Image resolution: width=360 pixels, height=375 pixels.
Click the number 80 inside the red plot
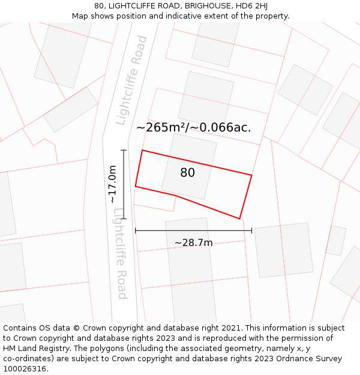(187, 173)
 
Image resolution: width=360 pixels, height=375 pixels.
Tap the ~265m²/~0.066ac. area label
(193, 127)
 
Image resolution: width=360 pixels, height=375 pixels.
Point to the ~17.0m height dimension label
(112, 184)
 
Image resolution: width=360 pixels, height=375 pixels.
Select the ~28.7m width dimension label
(193, 242)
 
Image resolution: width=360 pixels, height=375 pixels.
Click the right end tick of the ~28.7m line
(251, 230)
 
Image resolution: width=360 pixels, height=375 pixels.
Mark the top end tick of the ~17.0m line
(124, 150)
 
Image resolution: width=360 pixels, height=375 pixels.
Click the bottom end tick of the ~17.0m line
(124, 218)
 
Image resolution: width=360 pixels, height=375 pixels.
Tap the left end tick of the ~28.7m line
(136, 230)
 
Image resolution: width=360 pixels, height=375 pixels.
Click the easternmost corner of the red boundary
(251, 175)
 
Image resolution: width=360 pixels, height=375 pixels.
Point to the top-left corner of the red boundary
(142, 150)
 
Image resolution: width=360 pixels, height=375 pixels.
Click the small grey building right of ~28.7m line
(336, 240)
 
